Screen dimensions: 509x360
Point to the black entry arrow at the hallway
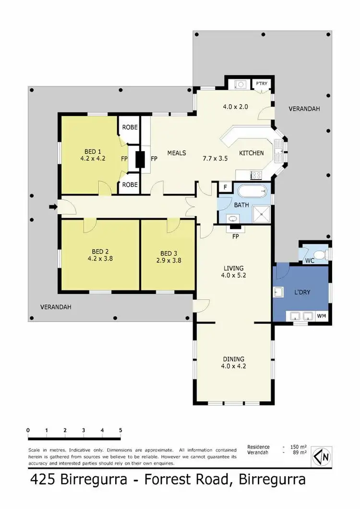click(53, 207)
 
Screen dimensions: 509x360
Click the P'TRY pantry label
click(261, 84)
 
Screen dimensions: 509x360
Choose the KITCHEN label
click(252, 153)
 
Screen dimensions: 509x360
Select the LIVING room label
click(233, 268)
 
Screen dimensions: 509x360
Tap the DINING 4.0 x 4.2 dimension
click(233, 366)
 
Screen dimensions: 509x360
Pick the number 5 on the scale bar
click(120, 430)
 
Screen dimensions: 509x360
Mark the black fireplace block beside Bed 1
click(140, 159)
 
